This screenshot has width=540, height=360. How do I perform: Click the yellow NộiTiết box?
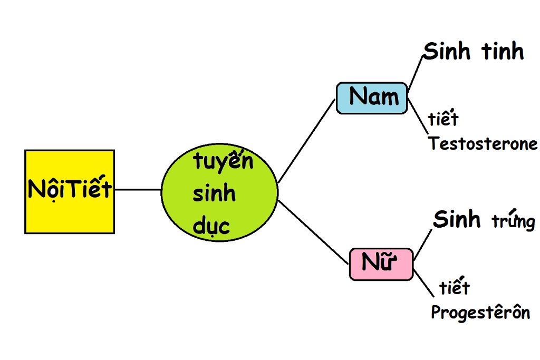pyautogui.click(x=70, y=191)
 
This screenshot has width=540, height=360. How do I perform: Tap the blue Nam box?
pyautogui.click(x=372, y=98)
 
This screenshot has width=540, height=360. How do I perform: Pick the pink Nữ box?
pyautogui.click(x=381, y=264)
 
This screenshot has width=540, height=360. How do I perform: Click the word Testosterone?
pyautogui.click(x=483, y=144)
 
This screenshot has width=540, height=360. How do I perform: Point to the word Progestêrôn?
pyautogui.click(x=480, y=313)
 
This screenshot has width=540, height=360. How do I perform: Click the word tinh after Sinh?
pyautogui.click(x=503, y=52)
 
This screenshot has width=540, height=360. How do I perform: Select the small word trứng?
pyautogui.click(x=514, y=222)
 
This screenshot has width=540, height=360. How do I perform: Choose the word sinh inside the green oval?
pyautogui.click(x=214, y=194)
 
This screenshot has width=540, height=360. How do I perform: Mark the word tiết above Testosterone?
pyautogui.click(x=443, y=119)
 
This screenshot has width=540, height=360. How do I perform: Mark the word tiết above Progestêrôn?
pyautogui.click(x=454, y=288)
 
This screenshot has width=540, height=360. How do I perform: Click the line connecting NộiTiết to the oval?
pyautogui.click(x=138, y=189)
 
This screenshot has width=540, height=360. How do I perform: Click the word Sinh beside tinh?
pyautogui.click(x=448, y=52)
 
